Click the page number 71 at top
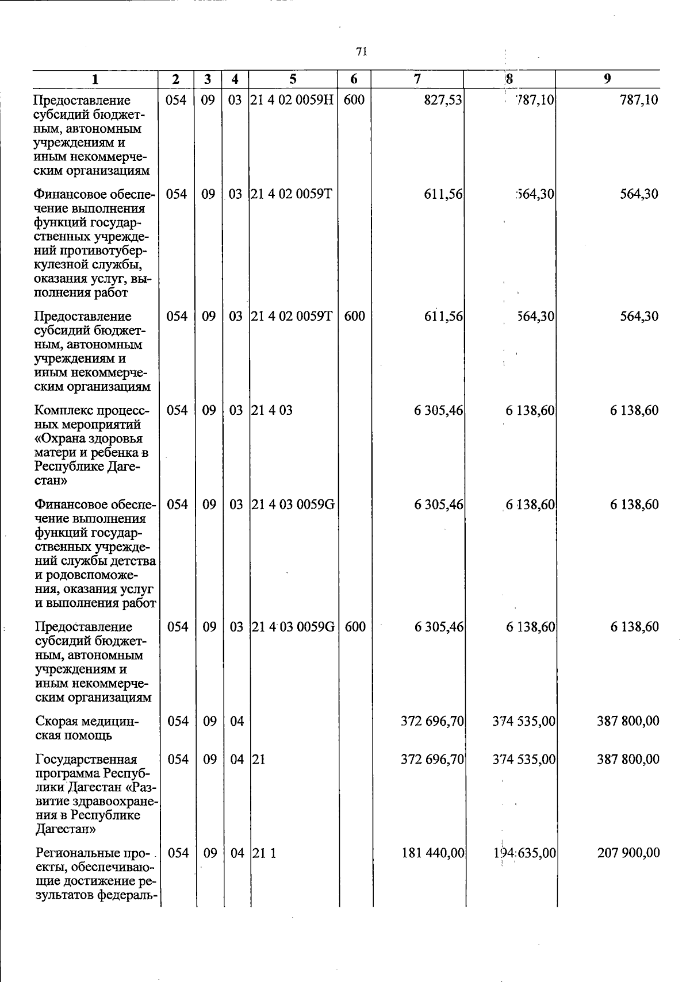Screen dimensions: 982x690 click(361, 52)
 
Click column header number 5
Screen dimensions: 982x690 click(293, 79)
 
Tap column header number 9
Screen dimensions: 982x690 click(607, 79)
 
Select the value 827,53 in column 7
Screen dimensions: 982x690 click(443, 101)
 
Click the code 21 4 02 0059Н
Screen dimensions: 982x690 click(293, 101)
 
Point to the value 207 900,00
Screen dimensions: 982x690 click(628, 853)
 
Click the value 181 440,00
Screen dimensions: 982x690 click(433, 853)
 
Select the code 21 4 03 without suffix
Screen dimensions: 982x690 click(273, 411)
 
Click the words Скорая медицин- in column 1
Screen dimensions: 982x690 click(87, 721)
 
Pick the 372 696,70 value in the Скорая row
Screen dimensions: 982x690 click(433, 721)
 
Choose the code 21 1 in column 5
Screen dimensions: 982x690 click(264, 853)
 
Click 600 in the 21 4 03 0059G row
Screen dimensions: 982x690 click(355, 627)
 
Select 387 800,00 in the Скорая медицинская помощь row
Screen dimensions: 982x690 click(628, 721)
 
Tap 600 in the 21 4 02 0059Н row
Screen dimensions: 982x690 click(354, 101)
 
